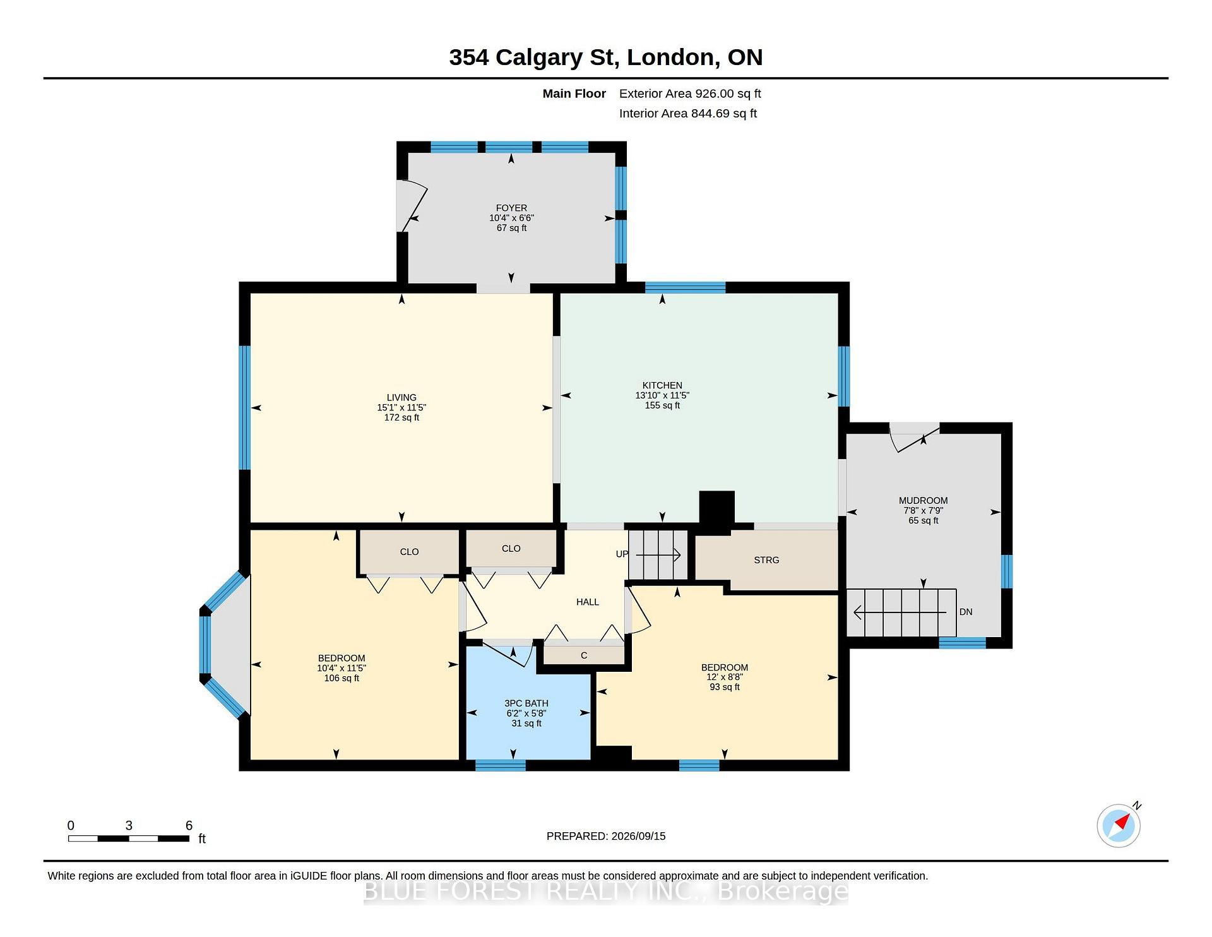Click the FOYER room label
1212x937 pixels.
(511, 208)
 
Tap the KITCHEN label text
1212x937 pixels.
(662, 385)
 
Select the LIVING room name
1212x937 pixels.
(401, 397)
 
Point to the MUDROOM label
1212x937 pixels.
(924, 501)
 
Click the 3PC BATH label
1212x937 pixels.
(526, 703)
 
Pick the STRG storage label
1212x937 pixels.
(766, 560)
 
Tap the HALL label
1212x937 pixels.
(588, 602)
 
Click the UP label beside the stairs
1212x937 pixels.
(622, 554)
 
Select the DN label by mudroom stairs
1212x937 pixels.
(966, 612)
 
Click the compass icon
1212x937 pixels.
(1119, 825)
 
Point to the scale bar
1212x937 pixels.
(129, 839)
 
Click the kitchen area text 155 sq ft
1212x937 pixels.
(662, 405)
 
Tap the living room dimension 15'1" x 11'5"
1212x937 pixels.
(401, 407)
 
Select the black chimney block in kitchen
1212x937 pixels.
(717, 508)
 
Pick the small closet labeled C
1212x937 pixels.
(584, 655)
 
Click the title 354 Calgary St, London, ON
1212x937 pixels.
(606, 57)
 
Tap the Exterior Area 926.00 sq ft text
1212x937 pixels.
(690, 93)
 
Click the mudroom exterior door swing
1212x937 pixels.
(914, 438)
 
